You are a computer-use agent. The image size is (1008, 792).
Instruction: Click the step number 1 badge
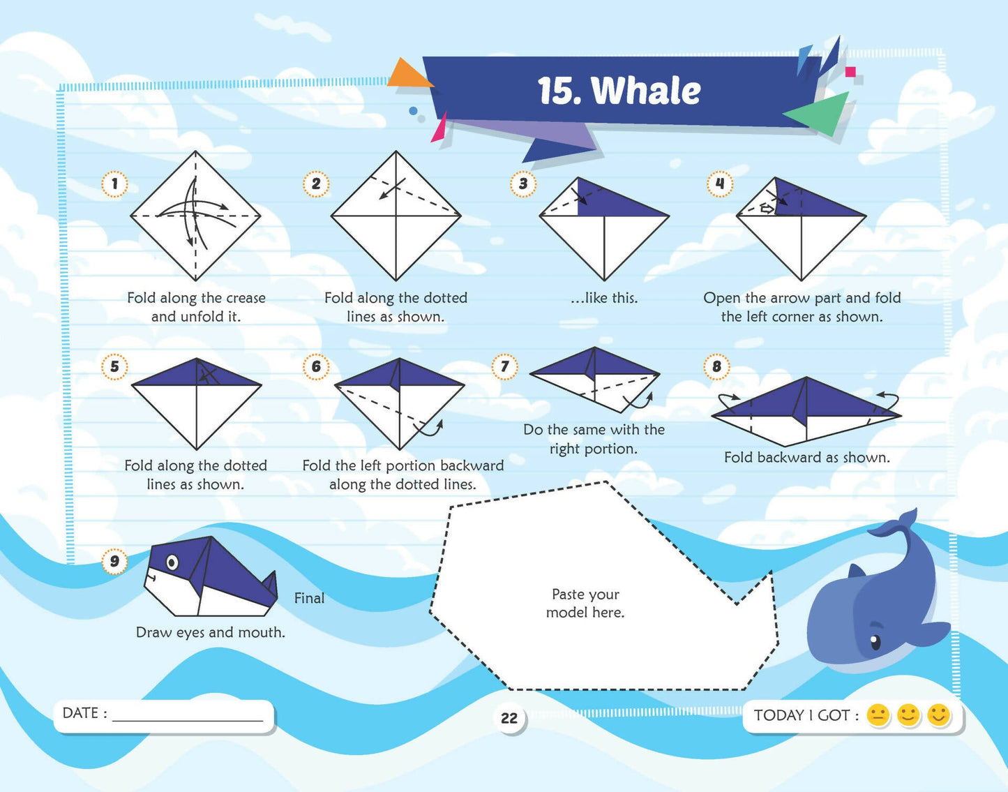pos(114,184)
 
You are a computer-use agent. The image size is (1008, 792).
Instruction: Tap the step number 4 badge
pos(719,184)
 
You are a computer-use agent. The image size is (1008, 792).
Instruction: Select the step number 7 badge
pos(504,366)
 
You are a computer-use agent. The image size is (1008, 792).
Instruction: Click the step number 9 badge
pos(114,562)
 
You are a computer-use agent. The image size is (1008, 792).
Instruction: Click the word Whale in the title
pos(646,90)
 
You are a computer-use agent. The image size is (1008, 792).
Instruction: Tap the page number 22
pos(509,718)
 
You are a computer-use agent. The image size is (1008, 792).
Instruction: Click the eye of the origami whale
pos(172,562)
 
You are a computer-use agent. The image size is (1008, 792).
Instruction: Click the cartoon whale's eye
pos(875,642)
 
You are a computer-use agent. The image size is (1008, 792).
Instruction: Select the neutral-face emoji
pos(878,715)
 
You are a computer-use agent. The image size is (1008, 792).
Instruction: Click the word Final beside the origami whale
pos(309,598)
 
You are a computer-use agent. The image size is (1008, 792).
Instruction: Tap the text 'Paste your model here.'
pos(585,603)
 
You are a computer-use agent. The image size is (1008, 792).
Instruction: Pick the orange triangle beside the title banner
pos(409,73)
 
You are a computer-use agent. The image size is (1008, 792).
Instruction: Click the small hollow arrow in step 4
pos(768,209)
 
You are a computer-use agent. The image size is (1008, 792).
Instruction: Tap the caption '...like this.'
pos(604,298)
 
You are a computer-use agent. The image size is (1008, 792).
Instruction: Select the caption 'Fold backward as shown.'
pos(807,458)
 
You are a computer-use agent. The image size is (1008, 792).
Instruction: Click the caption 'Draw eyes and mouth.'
pos(211,632)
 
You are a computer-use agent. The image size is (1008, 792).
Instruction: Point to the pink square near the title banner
pos(850,72)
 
